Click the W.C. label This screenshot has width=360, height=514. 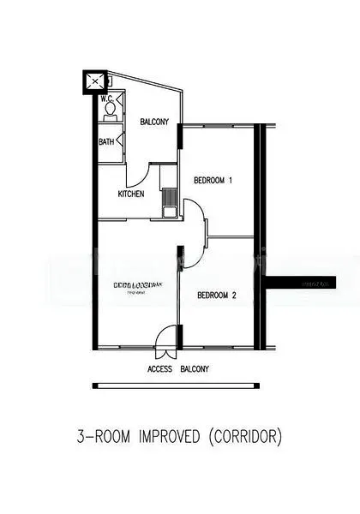[x=106, y=98]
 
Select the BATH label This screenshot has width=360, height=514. [x=106, y=141]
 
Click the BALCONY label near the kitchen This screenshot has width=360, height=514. [x=154, y=122]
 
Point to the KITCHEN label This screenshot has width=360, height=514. [x=131, y=194]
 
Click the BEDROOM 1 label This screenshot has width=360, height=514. [x=213, y=180]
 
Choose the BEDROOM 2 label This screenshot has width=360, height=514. [x=217, y=296]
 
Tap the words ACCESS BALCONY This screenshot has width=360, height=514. [x=178, y=369]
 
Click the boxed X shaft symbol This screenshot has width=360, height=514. [x=93, y=83]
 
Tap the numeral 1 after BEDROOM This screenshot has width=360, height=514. [x=231, y=180]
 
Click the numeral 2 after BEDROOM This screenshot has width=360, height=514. [x=234, y=296]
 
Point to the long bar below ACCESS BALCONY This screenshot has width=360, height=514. [x=178, y=385]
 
